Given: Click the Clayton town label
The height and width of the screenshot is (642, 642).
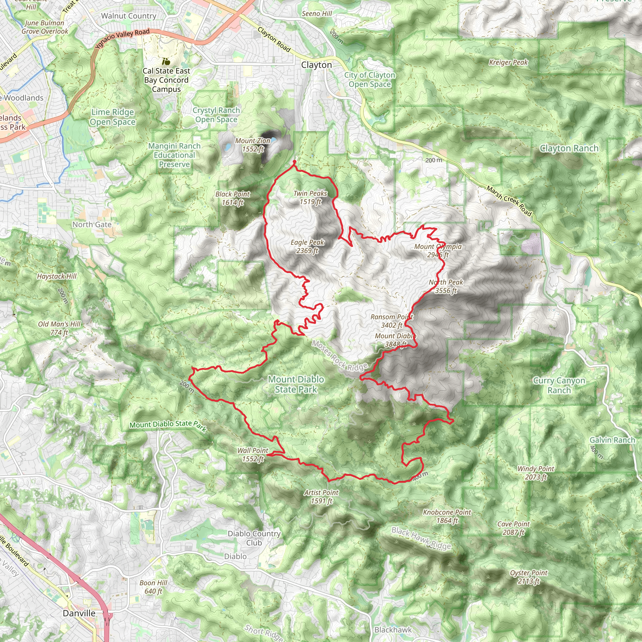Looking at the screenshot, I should [316, 65].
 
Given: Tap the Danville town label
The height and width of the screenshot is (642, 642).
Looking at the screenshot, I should [79, 613].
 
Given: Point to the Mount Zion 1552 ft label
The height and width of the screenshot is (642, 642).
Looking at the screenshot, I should [253, 145].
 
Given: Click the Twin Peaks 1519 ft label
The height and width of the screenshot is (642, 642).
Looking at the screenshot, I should [310, 197].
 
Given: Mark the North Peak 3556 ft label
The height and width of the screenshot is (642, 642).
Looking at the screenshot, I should [446, 286].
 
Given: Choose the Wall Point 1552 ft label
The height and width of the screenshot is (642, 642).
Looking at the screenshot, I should [253, 455].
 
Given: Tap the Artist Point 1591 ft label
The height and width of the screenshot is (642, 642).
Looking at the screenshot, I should [321, 497].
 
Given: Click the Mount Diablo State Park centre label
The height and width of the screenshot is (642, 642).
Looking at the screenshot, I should [296, 384].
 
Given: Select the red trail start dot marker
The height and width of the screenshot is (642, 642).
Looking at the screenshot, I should [294, 162].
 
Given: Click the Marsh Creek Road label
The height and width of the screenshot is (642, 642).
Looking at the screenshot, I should [509, 201].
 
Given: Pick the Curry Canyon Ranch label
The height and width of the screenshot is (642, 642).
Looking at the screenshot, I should [559, 385].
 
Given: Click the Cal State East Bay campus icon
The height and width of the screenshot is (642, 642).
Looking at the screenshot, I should [166, 61].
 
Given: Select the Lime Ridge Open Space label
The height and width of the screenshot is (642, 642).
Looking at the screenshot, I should [113, 117].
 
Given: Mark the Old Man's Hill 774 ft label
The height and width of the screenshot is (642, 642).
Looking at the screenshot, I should [59, 328].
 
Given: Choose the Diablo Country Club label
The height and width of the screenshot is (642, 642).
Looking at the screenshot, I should [254, 538].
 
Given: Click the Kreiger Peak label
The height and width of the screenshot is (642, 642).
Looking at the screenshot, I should [508, 62].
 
